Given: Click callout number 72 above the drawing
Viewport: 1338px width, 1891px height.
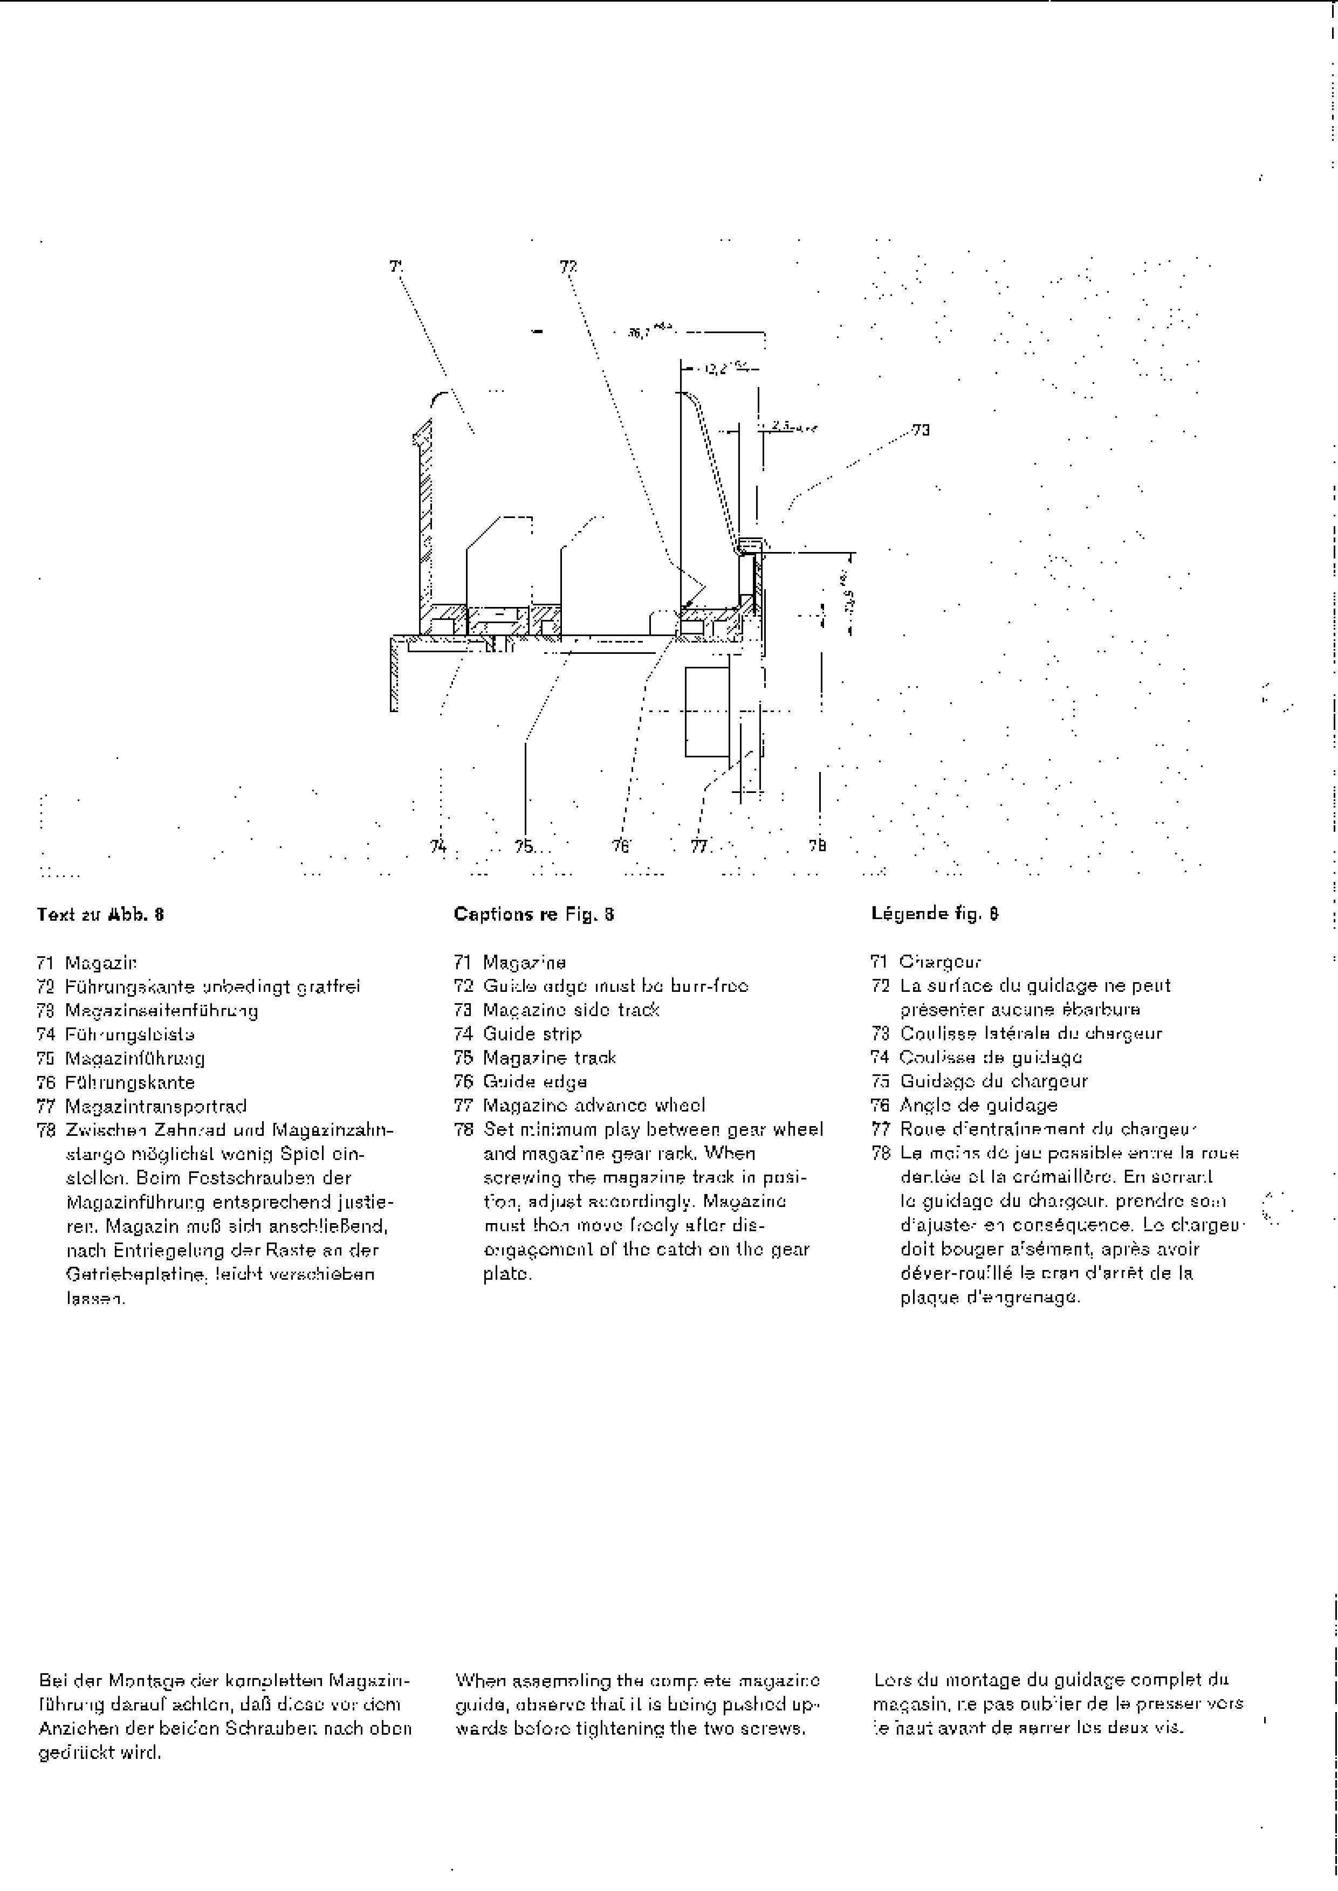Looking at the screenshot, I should [568, 266].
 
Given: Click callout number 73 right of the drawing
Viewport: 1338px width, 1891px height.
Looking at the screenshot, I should [921, 430].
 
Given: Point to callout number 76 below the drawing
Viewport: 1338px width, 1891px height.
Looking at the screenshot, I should [620, 846].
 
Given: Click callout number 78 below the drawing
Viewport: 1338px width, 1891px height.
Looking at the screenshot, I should [816, 846].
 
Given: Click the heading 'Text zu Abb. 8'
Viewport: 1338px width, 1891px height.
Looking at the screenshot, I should [100, 914].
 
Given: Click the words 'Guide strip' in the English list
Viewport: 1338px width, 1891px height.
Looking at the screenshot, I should [532, 1033].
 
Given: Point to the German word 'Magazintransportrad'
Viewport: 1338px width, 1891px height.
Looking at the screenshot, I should [156, 1106].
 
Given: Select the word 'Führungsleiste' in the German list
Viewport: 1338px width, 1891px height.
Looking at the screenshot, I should [130, 1034].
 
